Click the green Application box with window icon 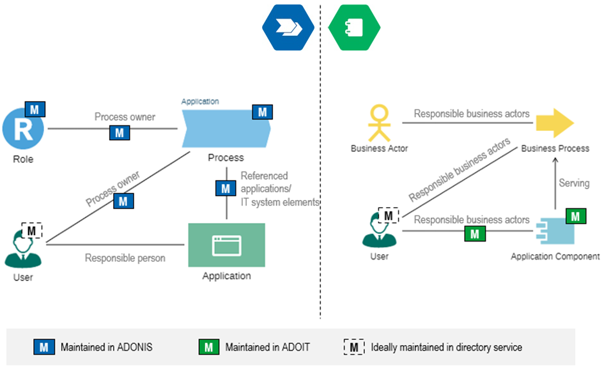click(226, 245)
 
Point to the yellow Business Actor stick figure click(380, 123)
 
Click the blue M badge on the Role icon click(35, 110)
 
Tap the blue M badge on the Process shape click(263, 112)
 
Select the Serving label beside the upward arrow click(574, 183)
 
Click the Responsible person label click(125, 258)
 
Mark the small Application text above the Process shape click(200, 102)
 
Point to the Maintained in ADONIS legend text click(107, 348)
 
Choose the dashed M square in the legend click(354, 348)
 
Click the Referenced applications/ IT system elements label click(279, 189)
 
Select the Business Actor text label click(380, 148)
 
